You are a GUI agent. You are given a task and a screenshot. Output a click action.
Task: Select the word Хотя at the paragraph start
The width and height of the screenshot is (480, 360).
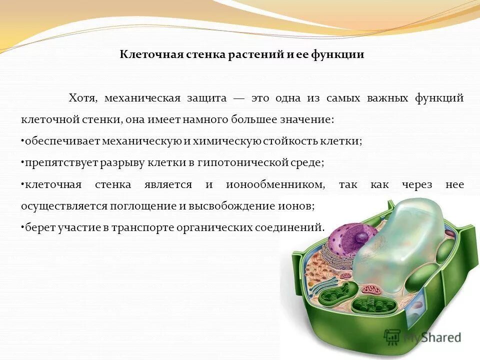pyautogui.click(x=81, y=98)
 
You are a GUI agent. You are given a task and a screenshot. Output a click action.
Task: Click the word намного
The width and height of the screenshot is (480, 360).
pyautogui.click(x=202, y=120)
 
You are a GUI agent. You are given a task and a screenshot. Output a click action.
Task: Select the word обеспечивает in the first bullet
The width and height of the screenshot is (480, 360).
pyautogui.click(x=62, y=141)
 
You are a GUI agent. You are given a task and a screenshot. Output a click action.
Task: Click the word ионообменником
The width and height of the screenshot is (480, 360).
pyautogui.click(x=275, y=184)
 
